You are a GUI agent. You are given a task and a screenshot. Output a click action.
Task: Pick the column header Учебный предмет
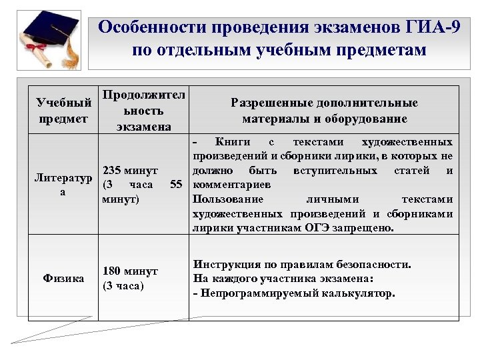pos(63,111)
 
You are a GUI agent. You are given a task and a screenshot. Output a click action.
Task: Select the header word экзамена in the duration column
pos(143,126)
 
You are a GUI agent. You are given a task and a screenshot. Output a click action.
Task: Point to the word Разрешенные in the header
pos(269,103)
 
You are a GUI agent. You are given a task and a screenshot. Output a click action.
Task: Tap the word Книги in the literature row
pos(233,142)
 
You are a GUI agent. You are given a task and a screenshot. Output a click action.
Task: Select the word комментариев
pos(231,185)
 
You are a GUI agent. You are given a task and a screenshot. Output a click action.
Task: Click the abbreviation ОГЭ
pos(317,227)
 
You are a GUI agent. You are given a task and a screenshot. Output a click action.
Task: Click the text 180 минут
pos(130,271)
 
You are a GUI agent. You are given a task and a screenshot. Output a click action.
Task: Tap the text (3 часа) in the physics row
pos(123,285)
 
